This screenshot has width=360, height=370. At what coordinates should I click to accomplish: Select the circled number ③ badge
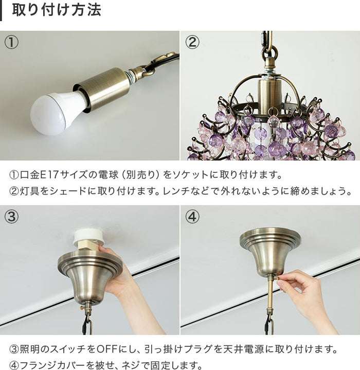[11, 217]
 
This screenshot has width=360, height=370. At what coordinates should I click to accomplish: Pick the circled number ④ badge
[192, 217]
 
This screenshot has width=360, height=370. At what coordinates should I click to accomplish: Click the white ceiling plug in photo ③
[89, 237]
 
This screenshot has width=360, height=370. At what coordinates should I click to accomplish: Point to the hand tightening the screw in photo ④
[303, 291]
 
